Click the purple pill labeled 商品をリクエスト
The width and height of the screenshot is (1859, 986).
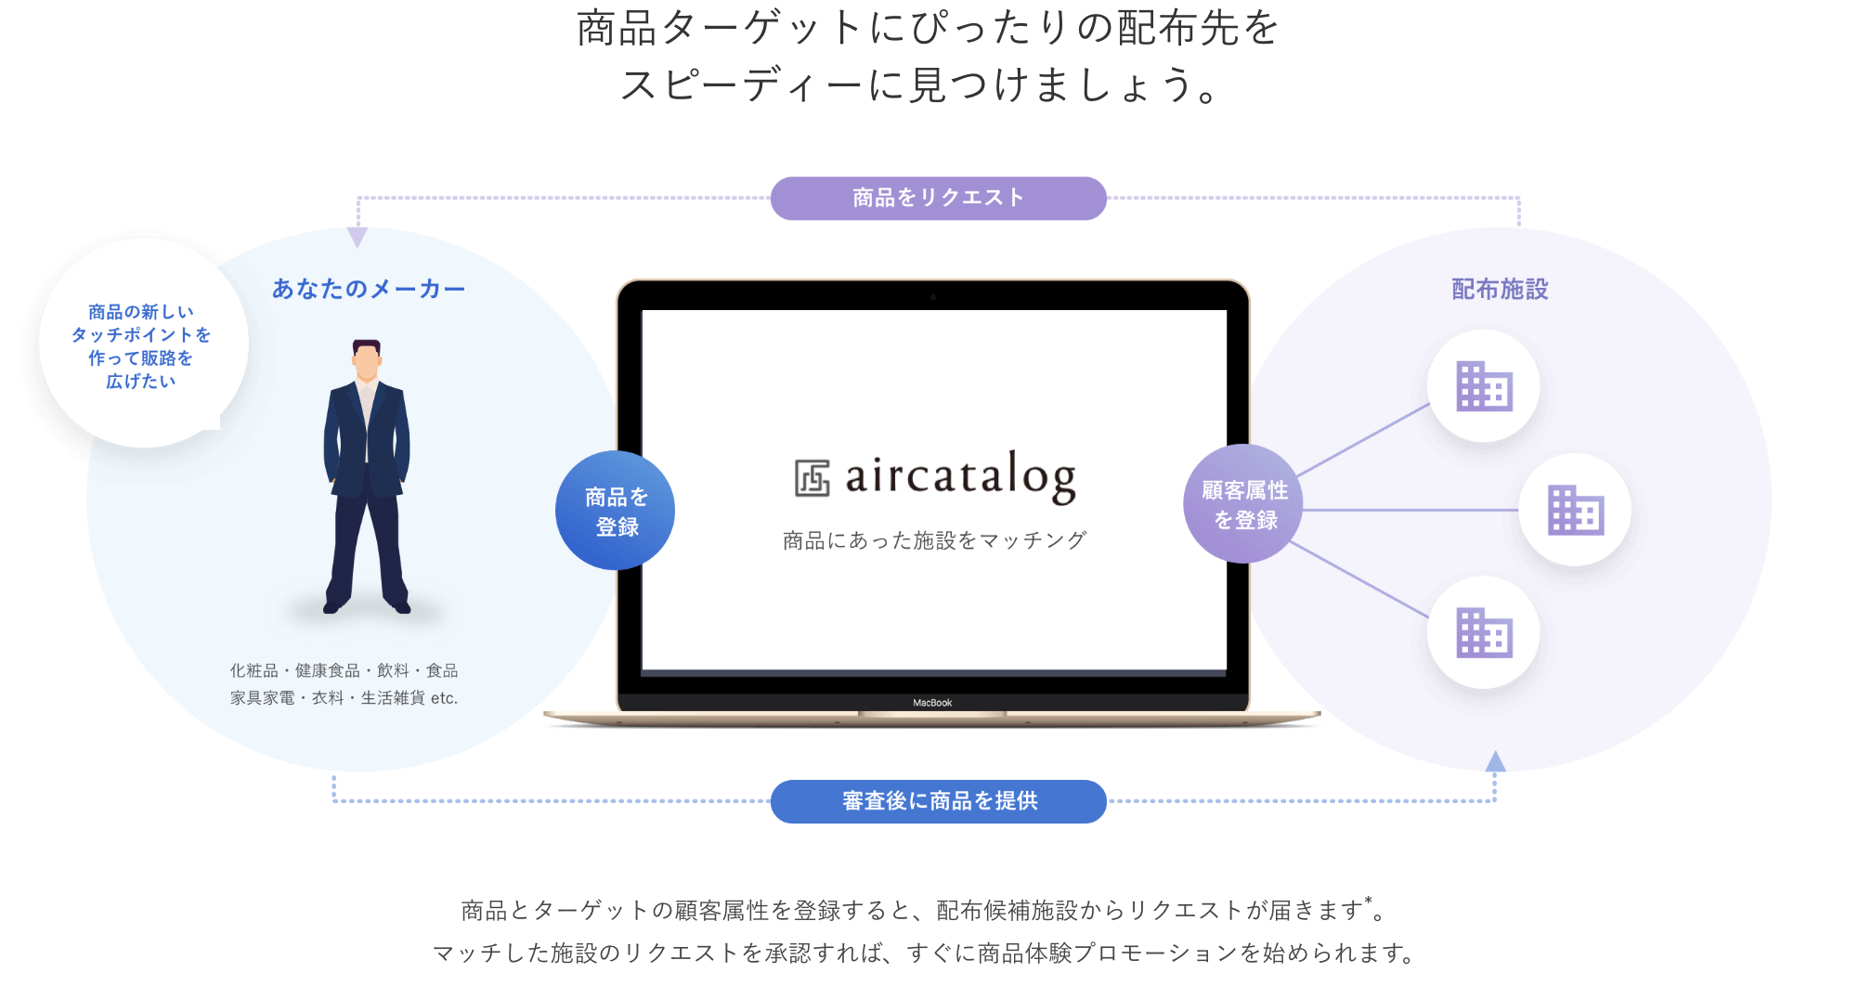(938, 198)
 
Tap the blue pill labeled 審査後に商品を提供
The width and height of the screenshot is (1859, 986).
(938, 801)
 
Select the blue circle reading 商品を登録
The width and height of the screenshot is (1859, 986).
(616, 511)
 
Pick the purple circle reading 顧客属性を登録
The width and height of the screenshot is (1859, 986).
(1243, 504)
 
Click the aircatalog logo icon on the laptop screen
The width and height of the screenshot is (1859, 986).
(812, 478)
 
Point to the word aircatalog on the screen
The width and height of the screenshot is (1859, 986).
(960, 476)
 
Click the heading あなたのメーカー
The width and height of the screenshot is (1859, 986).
(369, 289)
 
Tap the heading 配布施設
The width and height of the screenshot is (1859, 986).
(1500, 289)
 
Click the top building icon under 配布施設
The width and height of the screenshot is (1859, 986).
(1484, 386)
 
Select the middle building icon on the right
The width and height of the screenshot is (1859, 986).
(1575, 510)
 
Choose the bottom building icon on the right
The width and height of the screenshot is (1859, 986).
(1484, 633)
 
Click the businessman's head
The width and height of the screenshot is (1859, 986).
(367, 360)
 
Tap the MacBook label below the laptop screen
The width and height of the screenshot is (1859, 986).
(932, 703)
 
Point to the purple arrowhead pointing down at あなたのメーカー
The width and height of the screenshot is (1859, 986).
(357, 237)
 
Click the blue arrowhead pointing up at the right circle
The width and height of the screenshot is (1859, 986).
(1495, 762)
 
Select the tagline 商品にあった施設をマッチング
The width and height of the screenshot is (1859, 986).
(934, 540)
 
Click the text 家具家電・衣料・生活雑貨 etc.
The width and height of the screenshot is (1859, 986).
(344, 697)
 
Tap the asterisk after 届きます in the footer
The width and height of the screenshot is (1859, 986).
(1368, 900)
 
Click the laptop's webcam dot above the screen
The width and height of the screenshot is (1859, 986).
(933, 297)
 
